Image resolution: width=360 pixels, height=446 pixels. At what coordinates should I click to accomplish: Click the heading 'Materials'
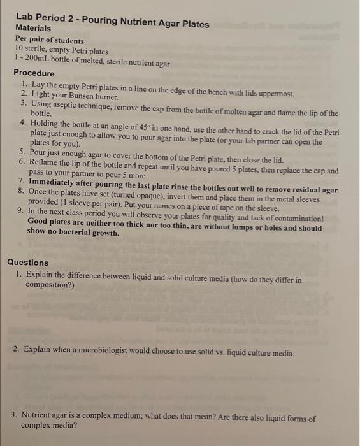click(x=33, y=29)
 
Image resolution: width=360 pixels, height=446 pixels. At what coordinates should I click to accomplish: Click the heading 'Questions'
click(x=27, y=263)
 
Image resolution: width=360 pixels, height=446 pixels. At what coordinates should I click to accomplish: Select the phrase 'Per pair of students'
click(x=50, y=40)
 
